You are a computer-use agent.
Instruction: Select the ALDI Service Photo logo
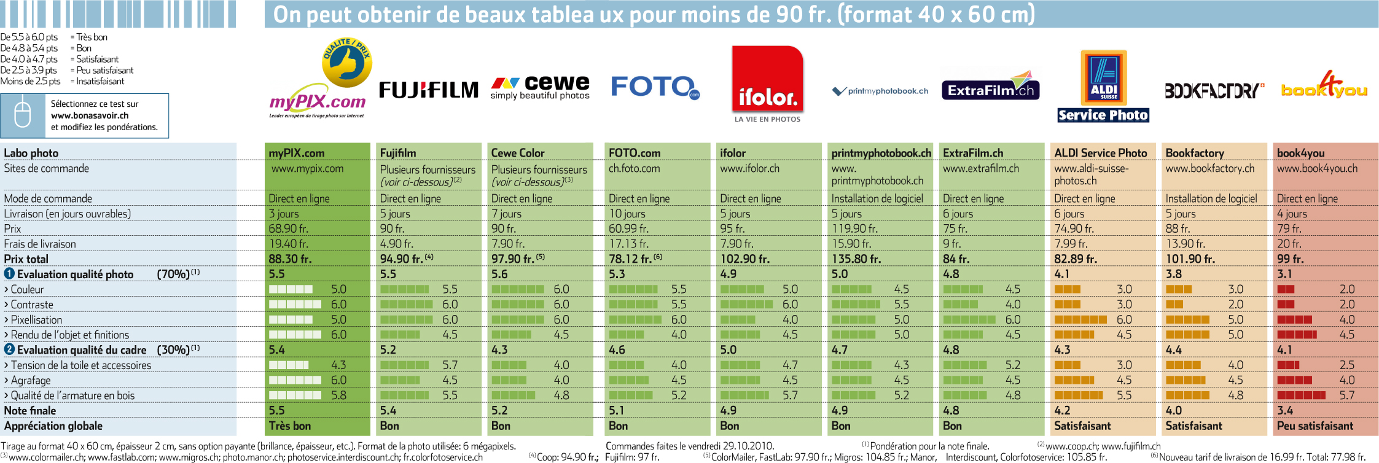tap(1103, 87)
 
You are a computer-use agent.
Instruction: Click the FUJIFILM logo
tap(429, 90)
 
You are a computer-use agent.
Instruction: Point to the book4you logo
tap(1324, 86)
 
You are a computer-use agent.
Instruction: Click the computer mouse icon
tap(22, 115)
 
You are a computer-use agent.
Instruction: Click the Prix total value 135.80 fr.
tap(856, 259)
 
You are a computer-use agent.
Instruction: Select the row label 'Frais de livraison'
tap(40, 244)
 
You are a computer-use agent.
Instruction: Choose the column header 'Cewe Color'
tap(518, 153)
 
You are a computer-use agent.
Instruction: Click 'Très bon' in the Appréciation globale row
tap(290, 426)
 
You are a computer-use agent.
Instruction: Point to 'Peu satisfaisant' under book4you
tap(1315, 426)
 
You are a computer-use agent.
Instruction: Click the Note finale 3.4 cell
tap(1285, 410)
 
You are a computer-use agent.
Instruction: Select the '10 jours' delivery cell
tap(627, 214)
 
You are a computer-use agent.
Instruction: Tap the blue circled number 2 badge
tap(9, 349)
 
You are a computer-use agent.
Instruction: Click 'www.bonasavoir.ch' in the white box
tap(90, 115)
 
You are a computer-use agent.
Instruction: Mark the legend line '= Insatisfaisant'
tap(97, 81)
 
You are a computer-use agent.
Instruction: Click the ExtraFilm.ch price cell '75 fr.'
tap(955, 228)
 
